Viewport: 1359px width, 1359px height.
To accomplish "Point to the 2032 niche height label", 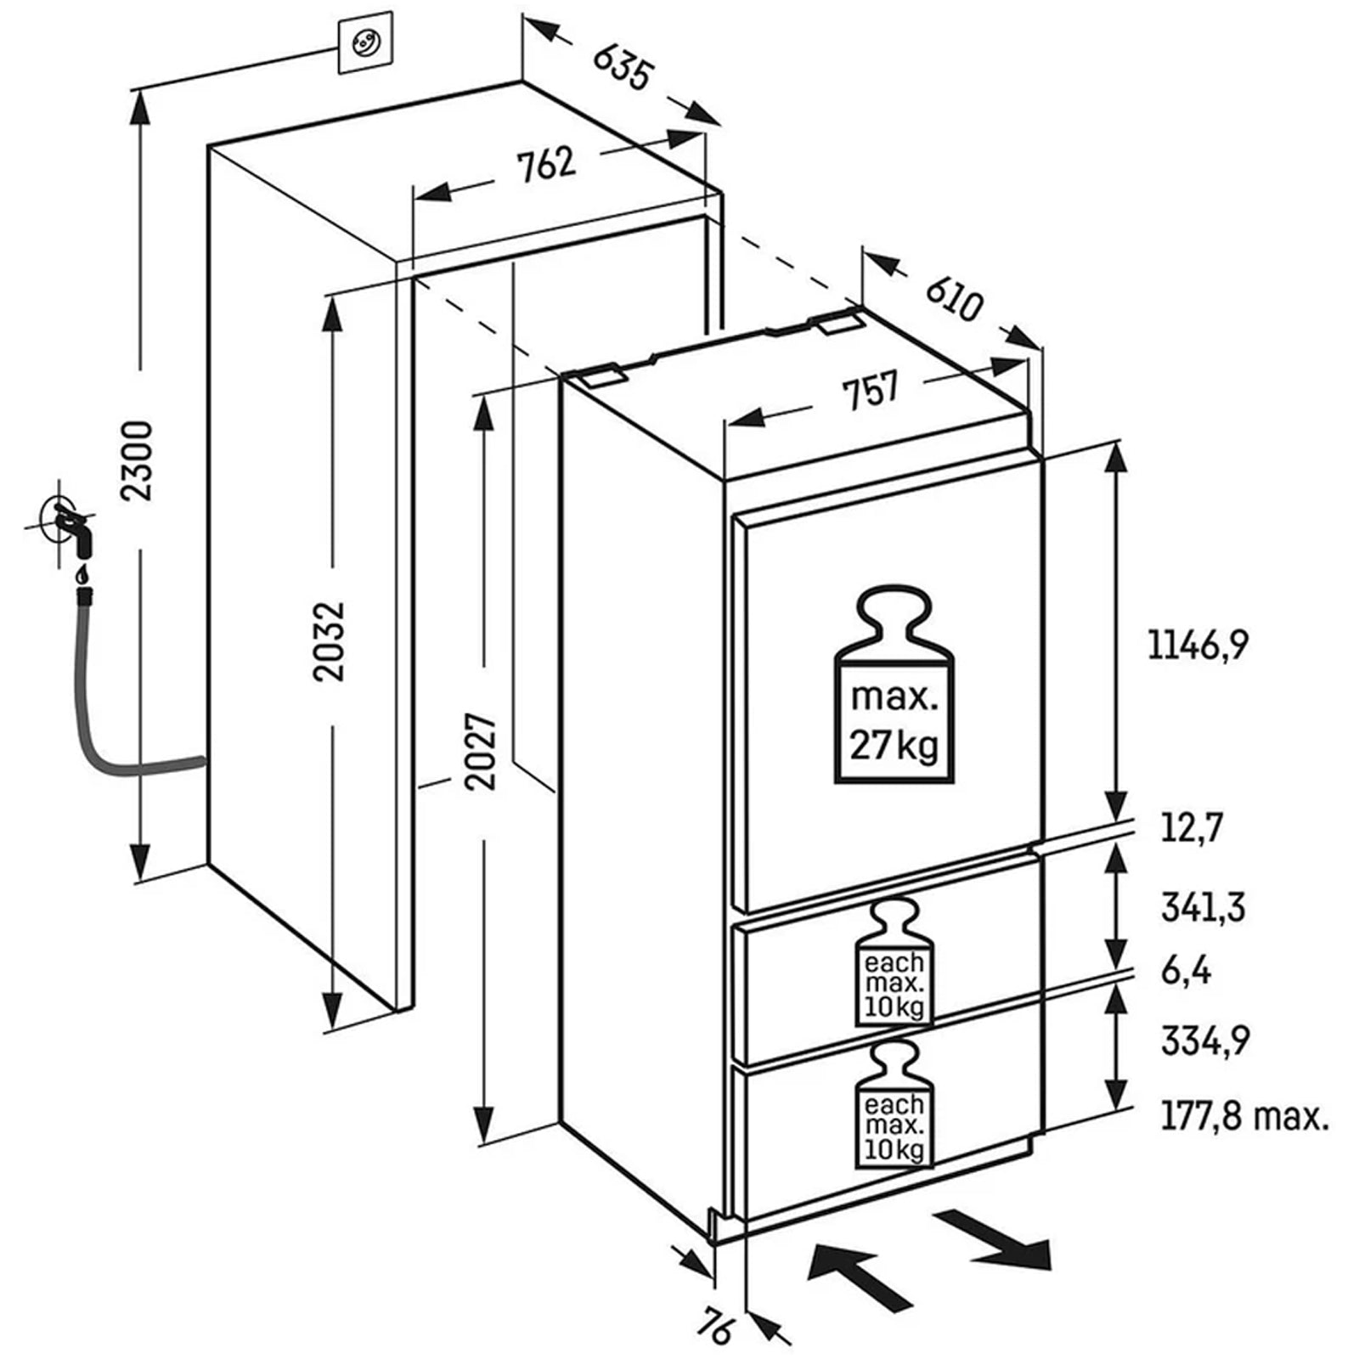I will coord(330,640).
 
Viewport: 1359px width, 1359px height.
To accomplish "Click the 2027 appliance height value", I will coord(482,752).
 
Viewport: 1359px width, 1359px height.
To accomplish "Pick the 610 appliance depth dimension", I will coord(953,297).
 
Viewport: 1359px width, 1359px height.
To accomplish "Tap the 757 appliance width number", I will coord(869,392).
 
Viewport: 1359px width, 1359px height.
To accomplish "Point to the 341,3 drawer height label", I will coord(1203,907).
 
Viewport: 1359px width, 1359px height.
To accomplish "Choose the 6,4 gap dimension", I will coord(1186,970).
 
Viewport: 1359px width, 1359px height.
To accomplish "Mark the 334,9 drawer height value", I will coord(1204,1040).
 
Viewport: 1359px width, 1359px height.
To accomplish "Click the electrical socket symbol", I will coord(366,42).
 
